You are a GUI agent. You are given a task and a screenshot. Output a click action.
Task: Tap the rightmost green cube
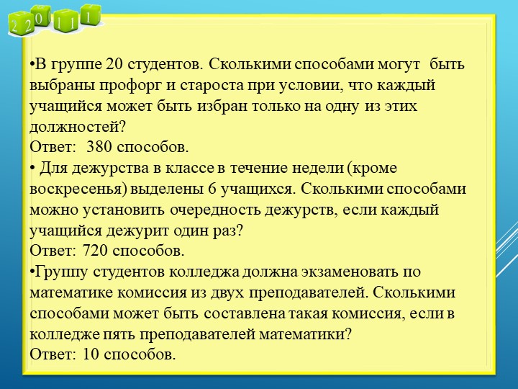click(x=89, y=14)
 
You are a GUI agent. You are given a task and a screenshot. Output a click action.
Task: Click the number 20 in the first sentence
click(x=114, y=65)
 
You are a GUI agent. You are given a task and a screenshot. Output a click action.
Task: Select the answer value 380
click(x=98, y=148)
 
